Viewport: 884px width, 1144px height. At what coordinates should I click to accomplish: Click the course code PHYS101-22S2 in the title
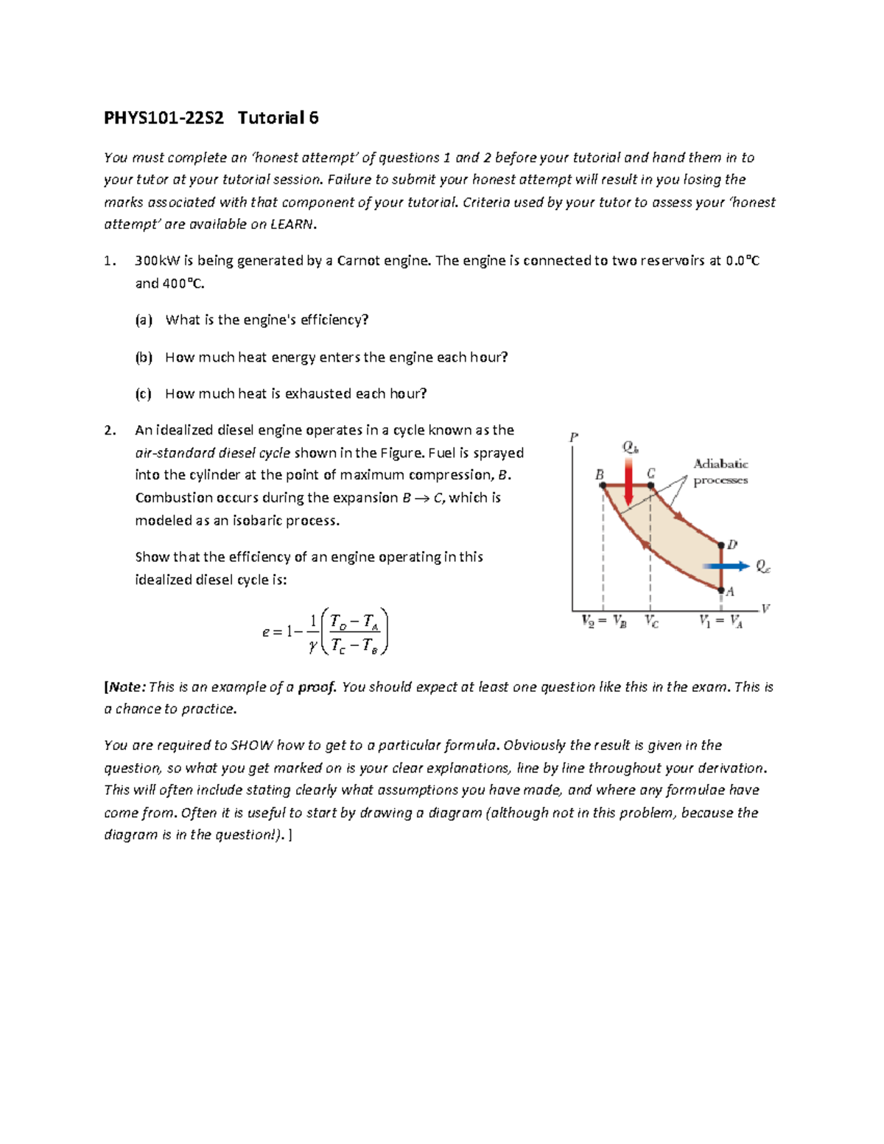click(164, 118)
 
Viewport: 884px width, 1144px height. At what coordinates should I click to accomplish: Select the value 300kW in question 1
click(158, 261)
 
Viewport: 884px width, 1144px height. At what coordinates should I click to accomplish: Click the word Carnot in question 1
click(358, 261)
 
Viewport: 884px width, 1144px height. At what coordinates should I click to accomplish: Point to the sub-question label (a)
click(144, 320)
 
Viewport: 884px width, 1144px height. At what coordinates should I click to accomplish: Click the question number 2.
click(110, 430)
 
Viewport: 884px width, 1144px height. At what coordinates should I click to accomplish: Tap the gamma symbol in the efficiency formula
click(313, 646)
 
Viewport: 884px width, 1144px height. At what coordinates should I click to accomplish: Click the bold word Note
click(124, 687)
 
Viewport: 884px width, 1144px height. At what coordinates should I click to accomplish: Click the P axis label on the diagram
click(574, 438)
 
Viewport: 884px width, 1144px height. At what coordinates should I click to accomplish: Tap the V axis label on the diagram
click(765, 608)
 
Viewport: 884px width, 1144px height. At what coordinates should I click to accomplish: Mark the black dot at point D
click(721, 545)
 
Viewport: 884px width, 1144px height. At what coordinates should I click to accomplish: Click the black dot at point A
click(721, 589)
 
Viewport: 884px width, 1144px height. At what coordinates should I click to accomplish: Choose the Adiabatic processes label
click(720, 471)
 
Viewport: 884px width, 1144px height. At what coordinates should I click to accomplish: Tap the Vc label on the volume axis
click(652, 621)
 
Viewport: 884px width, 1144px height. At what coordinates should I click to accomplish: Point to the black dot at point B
click(603, 485)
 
